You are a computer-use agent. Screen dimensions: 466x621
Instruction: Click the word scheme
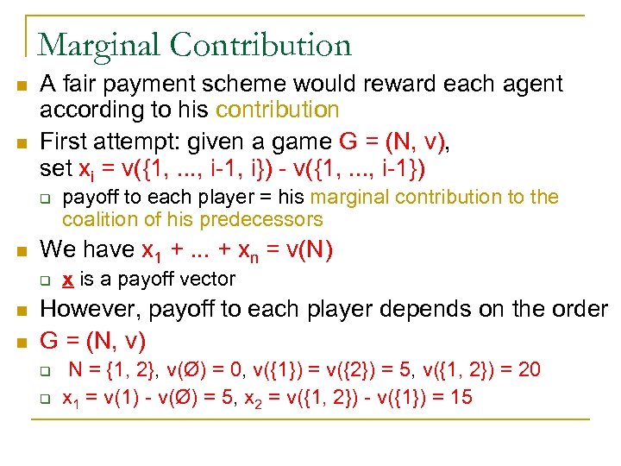coord(271,85)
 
